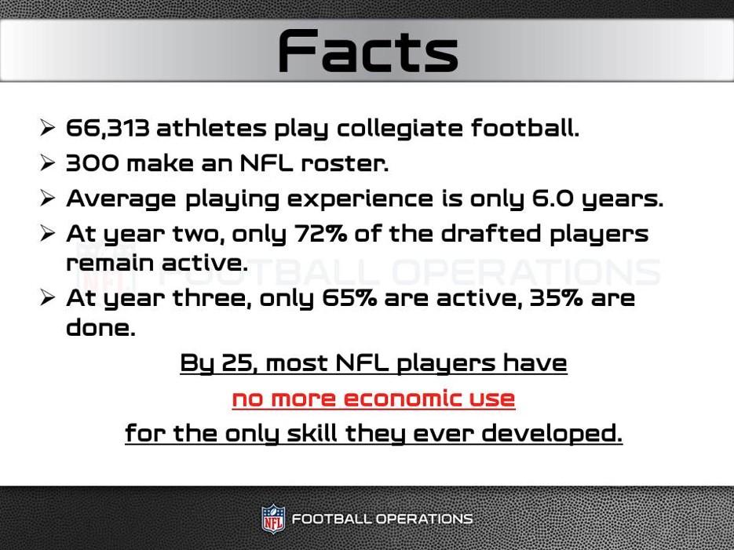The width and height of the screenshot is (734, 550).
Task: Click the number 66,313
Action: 107,128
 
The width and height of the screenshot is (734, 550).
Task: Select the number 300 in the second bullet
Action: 93,163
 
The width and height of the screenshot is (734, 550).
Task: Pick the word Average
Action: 122,199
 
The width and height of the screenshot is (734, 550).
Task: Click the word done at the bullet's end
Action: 100,328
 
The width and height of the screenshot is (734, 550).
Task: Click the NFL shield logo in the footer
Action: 273,519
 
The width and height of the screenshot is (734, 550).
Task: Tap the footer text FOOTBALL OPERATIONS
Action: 382,519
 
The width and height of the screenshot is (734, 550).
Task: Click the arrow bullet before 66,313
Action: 48,128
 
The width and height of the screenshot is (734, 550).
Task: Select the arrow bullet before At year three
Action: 48,298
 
